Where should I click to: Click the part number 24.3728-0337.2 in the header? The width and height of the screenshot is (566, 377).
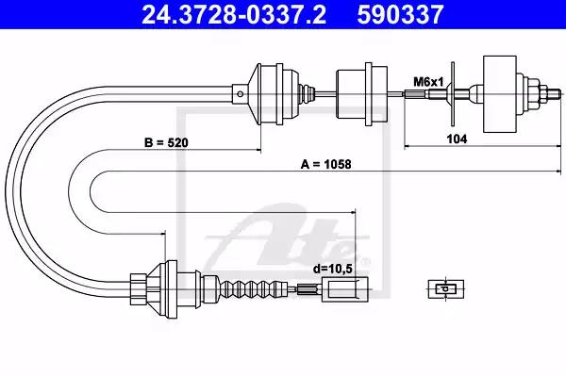pyautogui.click(x=234, y=14)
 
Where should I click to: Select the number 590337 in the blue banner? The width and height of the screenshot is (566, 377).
pyautogui.click(x=400, y=14)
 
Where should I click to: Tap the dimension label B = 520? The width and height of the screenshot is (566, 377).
pyautogui.click(x=166, y=142)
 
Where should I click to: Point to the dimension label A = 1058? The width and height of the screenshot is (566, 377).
pyautogui.click(x=325, y=165)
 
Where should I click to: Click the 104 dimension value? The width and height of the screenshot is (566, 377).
pyautogui.click(x=457, y=139)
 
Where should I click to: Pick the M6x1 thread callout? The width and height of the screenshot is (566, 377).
pyautogui.click(x=428, y=82)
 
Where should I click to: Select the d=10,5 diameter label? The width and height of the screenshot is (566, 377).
pyautogui.click(x=332, y=269)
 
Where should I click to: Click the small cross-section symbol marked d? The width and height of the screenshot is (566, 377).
pyautogui.click(x=446, y=289)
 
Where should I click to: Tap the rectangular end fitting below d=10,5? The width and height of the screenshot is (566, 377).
pyautogui.click(x=345, y=289)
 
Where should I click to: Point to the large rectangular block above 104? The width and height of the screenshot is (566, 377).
pyautogui.click(x=500, y=94)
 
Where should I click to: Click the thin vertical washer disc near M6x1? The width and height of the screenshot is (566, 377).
pyautogui.click(x=453, y=94)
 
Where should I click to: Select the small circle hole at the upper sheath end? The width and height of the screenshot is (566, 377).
pyautogui.click(x=241, y=94)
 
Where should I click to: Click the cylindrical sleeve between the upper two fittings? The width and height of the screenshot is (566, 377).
pyautogui.click(x=361, y=94)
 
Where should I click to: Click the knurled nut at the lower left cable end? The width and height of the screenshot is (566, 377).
pyautogui.click(x=139, y=289)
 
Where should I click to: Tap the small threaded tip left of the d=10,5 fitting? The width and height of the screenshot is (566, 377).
pyautogui.click(x=307, y=289)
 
